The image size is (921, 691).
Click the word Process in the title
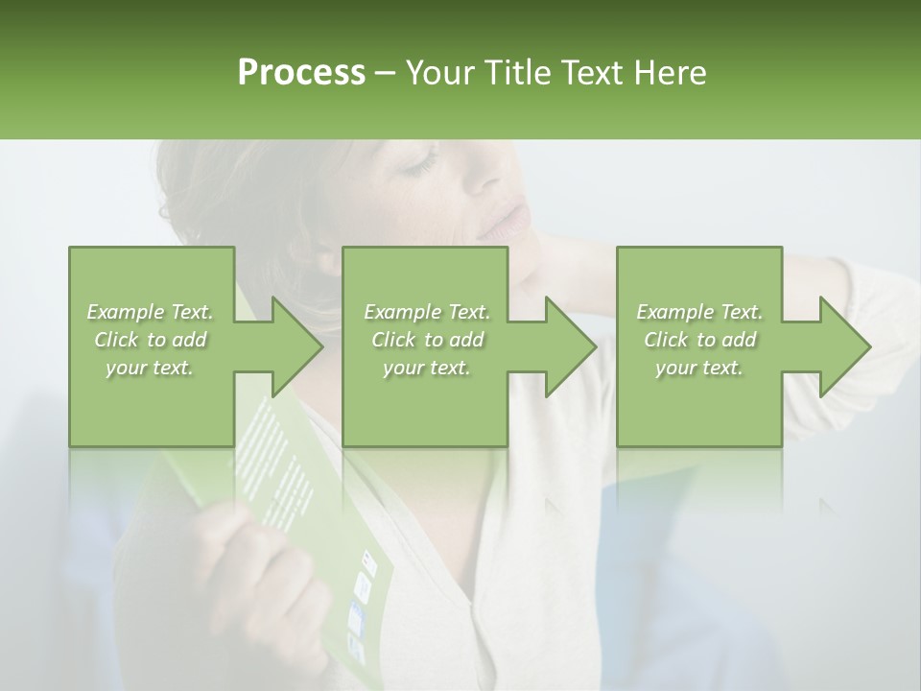301,73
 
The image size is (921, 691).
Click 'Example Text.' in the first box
150,312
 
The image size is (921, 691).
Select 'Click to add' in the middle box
427,340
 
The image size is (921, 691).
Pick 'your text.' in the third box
698,368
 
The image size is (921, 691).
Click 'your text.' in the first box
150,368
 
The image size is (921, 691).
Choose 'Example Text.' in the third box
699,312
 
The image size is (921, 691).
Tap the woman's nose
499,182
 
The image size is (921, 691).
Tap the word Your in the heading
437,73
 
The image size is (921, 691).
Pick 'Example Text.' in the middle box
427,312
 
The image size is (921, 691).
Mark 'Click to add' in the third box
699,340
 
